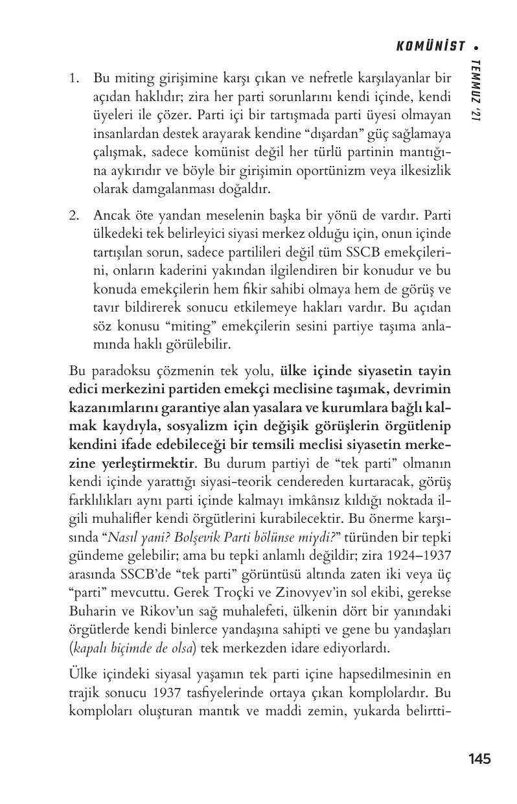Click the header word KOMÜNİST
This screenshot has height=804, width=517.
click(430, 46)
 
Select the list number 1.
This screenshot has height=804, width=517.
click(75, 78)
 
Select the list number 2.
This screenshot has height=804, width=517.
click(75, 214)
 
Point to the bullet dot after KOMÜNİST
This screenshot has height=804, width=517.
click(476, 47)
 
